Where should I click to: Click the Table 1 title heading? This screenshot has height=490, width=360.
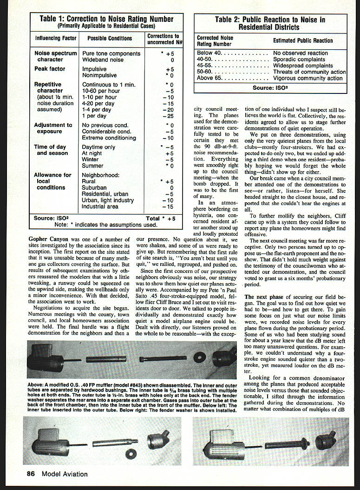[106, 19]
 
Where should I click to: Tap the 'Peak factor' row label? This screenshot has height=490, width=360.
[50, 69]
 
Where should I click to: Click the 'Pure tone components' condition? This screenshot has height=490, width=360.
[111, 53]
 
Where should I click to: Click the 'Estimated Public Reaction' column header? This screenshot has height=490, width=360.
[303, 41]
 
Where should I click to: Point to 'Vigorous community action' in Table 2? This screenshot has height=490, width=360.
[308, 79]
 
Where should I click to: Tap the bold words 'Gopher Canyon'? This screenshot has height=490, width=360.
[47, 238]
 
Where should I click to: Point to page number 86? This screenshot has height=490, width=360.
[31, 474]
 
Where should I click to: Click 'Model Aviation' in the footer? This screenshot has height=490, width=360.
[64, 474]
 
